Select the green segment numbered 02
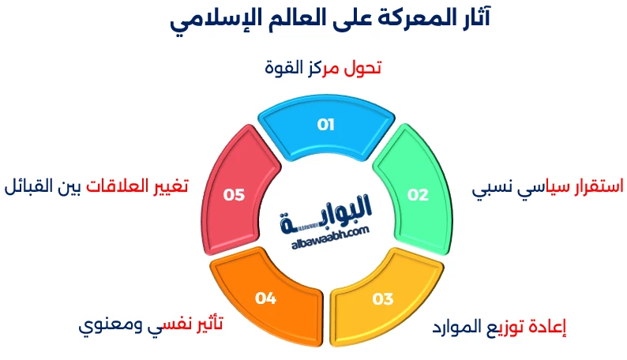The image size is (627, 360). (417, 194)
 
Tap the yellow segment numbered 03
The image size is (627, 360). (382, 298)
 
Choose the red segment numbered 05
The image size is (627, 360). (235, 194)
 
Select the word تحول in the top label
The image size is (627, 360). (364, 68)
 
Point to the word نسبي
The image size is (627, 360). (494, 189)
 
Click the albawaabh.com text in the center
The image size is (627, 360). (325, 234)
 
